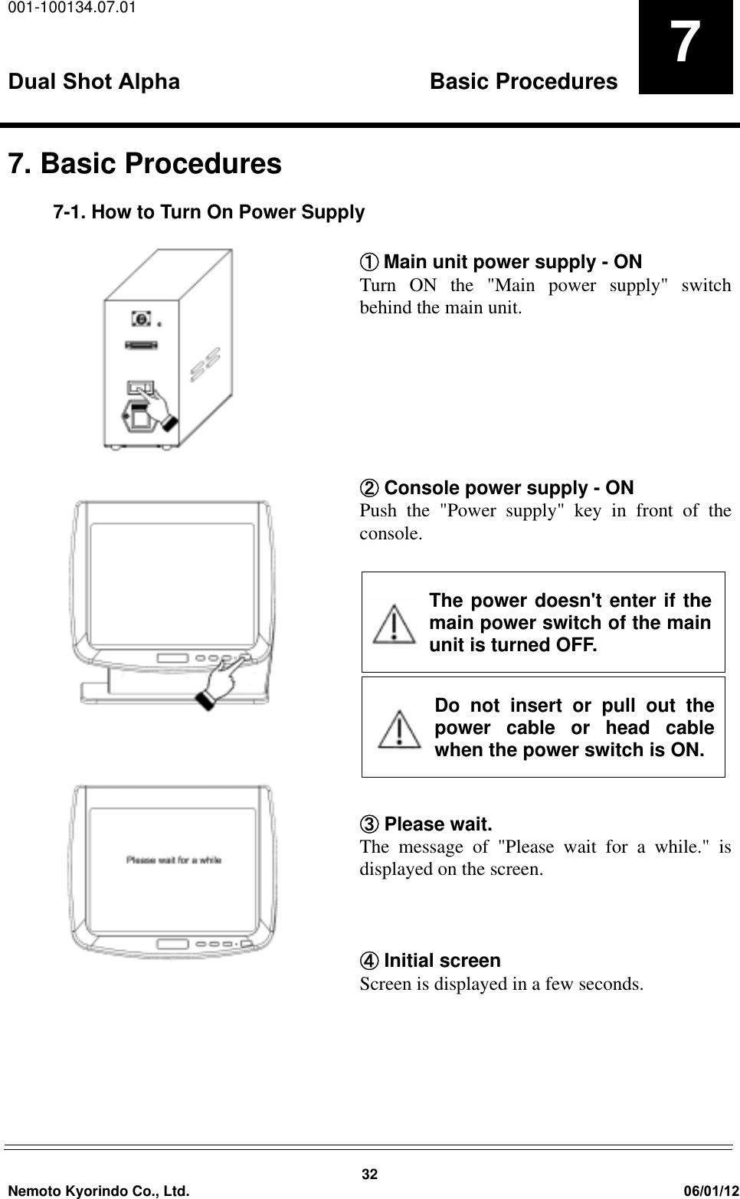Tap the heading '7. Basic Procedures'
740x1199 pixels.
coord(145,164)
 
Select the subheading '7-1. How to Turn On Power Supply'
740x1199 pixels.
coord(208,212)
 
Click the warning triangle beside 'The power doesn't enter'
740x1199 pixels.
coord(393,624)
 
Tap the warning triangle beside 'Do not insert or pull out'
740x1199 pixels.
coord(398,729)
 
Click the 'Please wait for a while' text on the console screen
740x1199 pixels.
coord(174,860)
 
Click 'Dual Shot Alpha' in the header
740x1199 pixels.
coord(94,82)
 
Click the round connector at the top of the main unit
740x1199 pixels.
coord(141,318)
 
